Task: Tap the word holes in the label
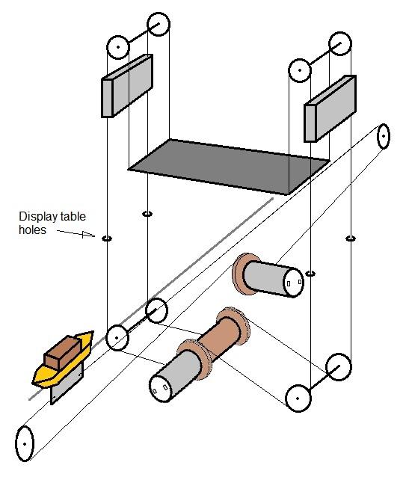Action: pyautogui.click(x=32, y=230)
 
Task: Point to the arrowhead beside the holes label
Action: pyautogui.click(x=88, y=235)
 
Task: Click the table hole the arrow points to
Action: pyautogui.click(x=107, y=239)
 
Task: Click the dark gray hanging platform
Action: pyautogui.click(x=229, y=167)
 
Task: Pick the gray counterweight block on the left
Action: pyautogui.click(x=127, y=86)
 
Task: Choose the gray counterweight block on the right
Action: pyautogui.click(x=330, y=108)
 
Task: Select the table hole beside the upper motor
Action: pyautogui.click(x=310, y=274)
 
